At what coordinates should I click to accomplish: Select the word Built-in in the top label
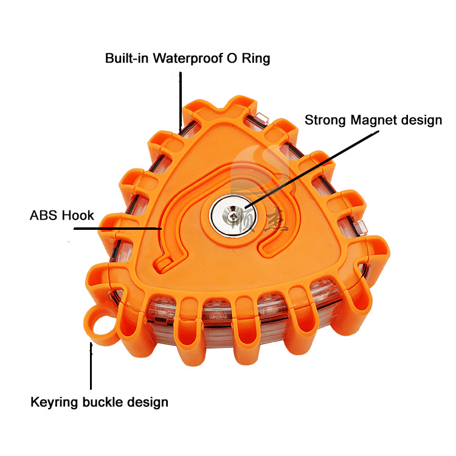click(127, 59)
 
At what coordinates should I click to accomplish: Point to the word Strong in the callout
click(325, 120)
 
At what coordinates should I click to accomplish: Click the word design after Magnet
click(421, 120)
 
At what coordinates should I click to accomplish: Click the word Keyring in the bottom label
click(53, 402)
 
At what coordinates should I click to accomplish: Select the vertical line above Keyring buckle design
click(91, 365)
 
